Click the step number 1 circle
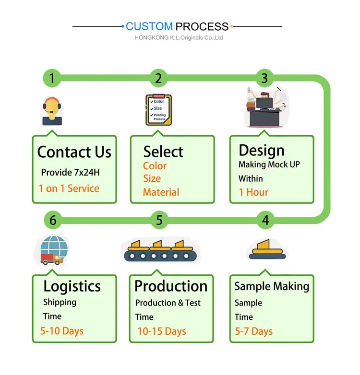(x=52, y=78)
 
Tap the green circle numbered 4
(x=265, y=220)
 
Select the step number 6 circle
(x=53, y=220)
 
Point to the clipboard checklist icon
(x=158, y=110)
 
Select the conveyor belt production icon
(x=158, y=250)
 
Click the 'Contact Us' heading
(x=74, y=152)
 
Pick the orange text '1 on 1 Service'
(x=69, y=188)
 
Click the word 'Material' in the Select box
(x=161, y=192)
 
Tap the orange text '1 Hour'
(x=253, y=192)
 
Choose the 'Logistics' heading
(x=72, y=286)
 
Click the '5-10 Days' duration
(x=62, y=331)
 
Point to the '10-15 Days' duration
(x=162, y=331)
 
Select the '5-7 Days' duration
(x=254, y=331)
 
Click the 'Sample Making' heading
(x=272, y=286)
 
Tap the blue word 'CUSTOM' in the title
(x=149, y=26)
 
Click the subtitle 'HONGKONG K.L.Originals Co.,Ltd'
(x=179, y=38)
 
